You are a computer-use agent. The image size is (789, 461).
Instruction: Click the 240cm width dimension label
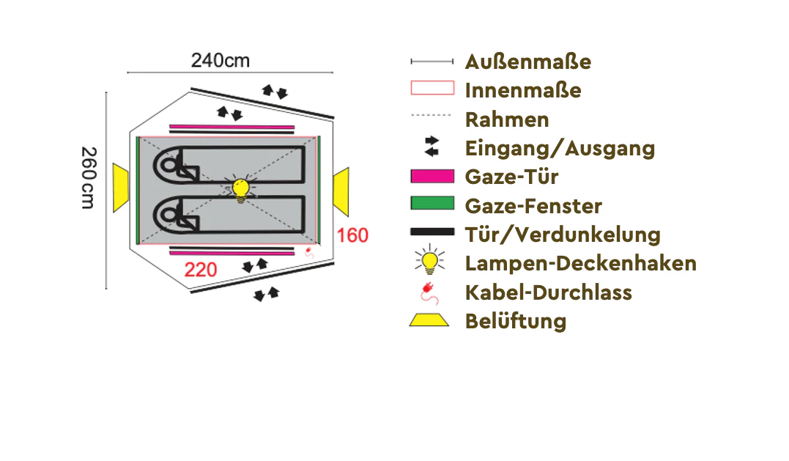(x=221, y=60)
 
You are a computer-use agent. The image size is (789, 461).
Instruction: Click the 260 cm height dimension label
(x=89, y=177)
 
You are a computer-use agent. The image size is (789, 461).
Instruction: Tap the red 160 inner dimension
(x=352, y=235)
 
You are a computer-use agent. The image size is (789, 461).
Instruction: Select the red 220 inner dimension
(x=200, y=270)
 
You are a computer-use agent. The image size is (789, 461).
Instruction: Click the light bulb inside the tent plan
(x=240, y=189)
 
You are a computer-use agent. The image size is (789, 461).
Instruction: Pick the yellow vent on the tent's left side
(x=121, y=188)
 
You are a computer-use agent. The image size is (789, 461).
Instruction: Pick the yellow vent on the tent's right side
(x=341, y=192)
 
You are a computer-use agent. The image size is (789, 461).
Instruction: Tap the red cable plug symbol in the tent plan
(x=309, y=252)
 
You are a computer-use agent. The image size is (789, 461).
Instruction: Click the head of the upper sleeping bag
(x=169, y=165)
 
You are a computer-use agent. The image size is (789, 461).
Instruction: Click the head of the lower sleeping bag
(x=169, y=215)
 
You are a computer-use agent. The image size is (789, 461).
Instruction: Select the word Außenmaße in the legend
(x=528, y=62)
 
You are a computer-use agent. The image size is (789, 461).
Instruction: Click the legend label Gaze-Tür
(x=512, y=177)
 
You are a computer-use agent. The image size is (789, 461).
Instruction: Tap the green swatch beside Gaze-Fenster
(x=432, y=203)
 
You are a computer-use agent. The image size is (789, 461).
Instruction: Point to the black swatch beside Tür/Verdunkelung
(x=432, y=232)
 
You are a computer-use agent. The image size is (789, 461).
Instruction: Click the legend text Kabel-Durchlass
(x=549, y=292)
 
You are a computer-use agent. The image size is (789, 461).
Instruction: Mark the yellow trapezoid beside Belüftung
(x=429, y=320)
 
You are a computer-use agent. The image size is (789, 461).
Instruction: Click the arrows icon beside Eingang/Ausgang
(x=431, y=146)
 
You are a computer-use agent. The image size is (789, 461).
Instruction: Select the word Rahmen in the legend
(x=507, y=119)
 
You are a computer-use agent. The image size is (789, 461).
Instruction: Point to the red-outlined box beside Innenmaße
(x=432, y=87)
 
